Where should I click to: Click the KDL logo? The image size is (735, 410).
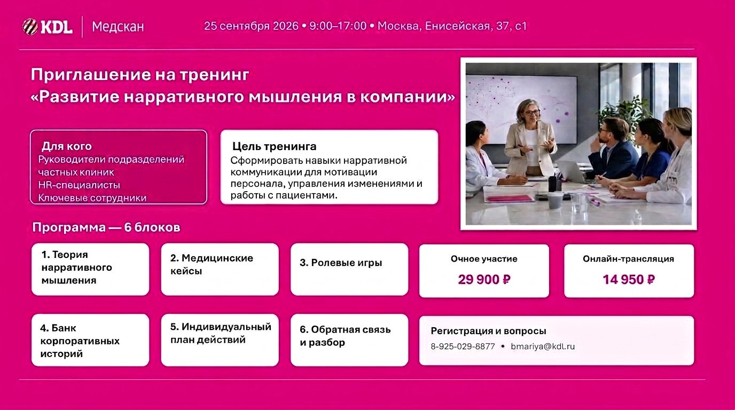tap(47, 27)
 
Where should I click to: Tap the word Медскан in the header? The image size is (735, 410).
tap(118, 27)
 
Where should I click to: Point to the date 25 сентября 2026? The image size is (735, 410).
tap(252, 26)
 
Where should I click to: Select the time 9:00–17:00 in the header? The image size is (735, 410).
tap(338, 26)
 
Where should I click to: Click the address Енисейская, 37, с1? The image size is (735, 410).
tap(476, 26)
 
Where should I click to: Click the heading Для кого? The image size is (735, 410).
tap(67, 146)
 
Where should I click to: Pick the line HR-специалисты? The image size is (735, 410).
tap(79, 185)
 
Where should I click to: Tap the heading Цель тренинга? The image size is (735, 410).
tap(275, 146)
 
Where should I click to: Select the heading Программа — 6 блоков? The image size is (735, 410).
tap(106, 227)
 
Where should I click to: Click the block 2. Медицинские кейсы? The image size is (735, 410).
tap(220, 269)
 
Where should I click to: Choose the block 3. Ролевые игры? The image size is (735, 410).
tap(349, 269)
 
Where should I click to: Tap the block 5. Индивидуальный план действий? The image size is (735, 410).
tap(220, 340)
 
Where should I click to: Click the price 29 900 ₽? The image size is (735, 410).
tap(484, 279)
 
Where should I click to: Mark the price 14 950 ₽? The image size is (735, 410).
tap(629, 279)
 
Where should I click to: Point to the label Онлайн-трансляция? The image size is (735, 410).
tap(628, 259)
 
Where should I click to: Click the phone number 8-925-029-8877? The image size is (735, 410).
tap(463, 346)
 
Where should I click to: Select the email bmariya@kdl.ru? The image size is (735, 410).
tap(543, 346)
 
